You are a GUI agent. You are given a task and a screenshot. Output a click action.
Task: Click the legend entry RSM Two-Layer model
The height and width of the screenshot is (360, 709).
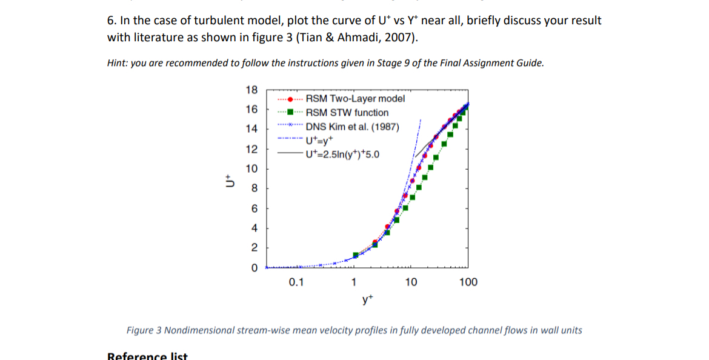pos(355,99)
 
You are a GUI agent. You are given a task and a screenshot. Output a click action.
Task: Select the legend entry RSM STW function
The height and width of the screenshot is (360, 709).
pos(347,113)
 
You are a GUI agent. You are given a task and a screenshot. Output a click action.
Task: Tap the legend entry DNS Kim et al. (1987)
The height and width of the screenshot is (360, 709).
pos(352,127)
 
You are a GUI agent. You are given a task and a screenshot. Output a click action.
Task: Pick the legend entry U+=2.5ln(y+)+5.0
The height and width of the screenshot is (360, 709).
pos(343,154)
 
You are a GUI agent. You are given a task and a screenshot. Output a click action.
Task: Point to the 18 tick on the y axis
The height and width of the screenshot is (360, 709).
pos(251,90)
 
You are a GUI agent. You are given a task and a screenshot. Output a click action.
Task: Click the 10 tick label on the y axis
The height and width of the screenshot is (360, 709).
pos(251,168)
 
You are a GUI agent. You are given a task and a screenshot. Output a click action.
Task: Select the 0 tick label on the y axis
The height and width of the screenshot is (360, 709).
pos(254,267)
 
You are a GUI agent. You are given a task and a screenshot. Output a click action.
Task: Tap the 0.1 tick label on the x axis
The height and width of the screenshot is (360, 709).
pos(296,282)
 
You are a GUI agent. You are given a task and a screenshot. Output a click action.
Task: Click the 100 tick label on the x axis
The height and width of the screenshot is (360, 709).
pos(468,282)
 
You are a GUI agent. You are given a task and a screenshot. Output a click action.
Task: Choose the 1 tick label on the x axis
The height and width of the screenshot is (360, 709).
pos(354,282)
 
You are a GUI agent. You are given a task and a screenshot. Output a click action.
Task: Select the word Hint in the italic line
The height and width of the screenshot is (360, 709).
pos(118,63)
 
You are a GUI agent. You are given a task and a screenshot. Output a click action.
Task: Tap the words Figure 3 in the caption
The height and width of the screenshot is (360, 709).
pos(144,330)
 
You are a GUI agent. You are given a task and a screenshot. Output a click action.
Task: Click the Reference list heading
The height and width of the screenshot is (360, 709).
pos(147,356)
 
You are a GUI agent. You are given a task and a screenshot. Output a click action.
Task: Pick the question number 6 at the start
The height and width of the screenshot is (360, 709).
pos(111,21)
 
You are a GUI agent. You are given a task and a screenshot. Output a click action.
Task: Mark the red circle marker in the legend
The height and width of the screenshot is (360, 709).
pos(291,99)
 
